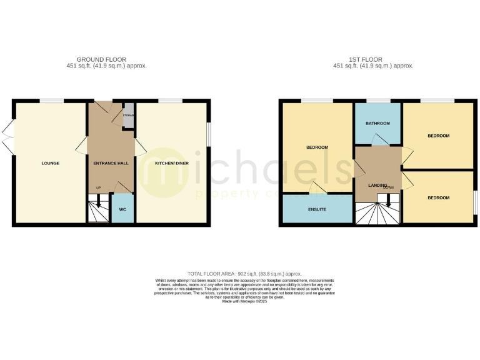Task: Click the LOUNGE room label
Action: [51, 163]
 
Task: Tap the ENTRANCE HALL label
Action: [111, 163]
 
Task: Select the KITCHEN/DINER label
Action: [172, 163]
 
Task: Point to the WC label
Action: [122, 209]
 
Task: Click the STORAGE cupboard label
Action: [128, 115]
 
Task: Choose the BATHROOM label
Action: [377, 123]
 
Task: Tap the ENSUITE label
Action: [317, 209]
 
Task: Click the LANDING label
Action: [377, 185]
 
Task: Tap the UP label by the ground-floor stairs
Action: [98, 187]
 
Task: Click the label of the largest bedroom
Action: [317, 147]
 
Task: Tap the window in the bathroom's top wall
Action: [377, 101]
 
